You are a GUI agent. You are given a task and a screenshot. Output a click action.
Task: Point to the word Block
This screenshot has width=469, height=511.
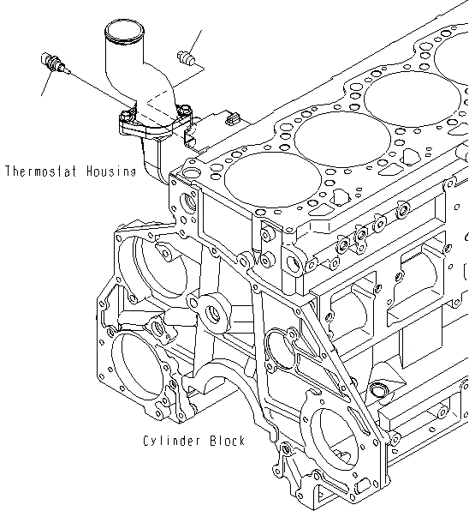pyautogui.click(x=227, y=441)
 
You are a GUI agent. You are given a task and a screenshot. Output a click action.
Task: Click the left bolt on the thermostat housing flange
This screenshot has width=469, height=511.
pyautogui.click(x=127, y=115)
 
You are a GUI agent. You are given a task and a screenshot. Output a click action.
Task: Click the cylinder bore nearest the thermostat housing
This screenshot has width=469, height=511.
pyautogui.click(x=252, y=182)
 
